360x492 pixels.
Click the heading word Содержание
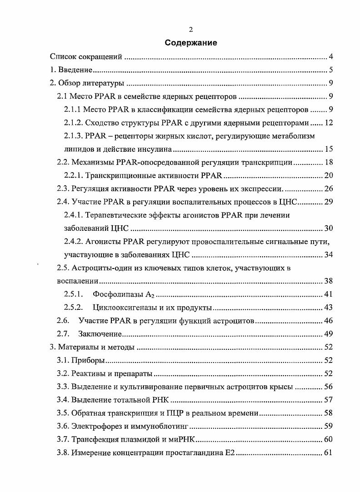click(x=191, y=43)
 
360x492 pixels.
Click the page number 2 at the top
click(x=191, y=30)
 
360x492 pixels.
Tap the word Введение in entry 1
click(x=76, y=70)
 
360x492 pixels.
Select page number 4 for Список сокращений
click(x=331, y=57)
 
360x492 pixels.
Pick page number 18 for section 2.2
click(x=329, y=162)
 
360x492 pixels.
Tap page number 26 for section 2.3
click(x=329, y=189)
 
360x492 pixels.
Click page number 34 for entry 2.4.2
click(x=329, y=254)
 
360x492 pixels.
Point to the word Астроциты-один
click(x=99, y=268)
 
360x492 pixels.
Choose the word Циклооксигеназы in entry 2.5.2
click(x=120, y=308)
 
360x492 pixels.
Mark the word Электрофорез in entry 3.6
click(x=95, y=427)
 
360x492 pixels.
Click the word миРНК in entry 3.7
click(x=184, y=440)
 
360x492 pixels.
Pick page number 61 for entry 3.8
click(x=329, y=453)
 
